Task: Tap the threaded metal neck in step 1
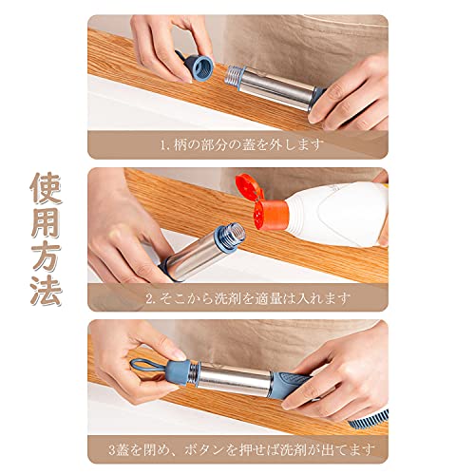click(x=234, y=76)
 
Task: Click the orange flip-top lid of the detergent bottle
click(x=250, y=187)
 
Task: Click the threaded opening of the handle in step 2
click(x=233, y=235)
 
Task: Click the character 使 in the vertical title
click(x=47, y=189)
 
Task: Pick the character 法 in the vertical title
click(x=47, y=290)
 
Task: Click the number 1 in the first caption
click(x=163, y=145)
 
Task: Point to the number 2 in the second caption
click(x=149, y=298)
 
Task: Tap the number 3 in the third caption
click(x=112, y=450)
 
